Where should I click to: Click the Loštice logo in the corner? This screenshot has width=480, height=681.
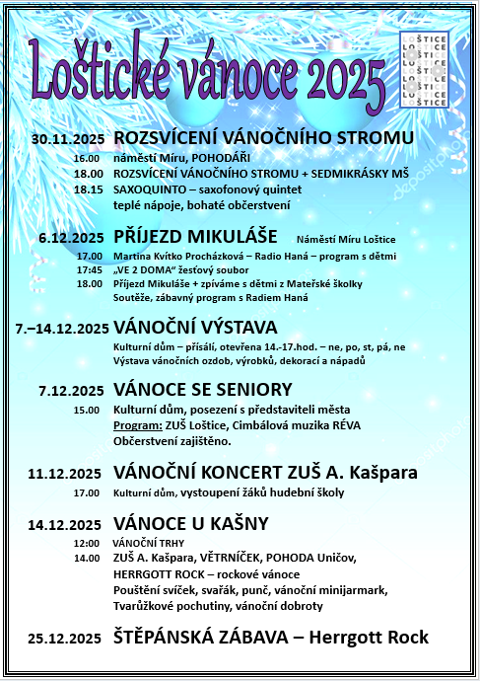[425, 69]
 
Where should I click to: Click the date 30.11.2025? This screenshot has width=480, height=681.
[68, 137]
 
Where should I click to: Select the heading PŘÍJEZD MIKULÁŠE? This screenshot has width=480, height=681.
[195, 237]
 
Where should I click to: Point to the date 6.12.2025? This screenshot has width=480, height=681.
[71, 238]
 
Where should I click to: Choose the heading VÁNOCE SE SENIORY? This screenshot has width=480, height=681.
[203, 390]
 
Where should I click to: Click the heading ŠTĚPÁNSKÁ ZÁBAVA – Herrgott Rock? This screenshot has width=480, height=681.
[271, 638]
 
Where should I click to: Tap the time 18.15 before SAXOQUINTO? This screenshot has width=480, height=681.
[88, 189]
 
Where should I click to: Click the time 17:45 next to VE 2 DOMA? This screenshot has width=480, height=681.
[89, 269]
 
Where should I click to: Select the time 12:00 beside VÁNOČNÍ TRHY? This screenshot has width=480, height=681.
[87, 543]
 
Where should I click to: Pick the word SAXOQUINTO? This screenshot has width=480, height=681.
[153, 189]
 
